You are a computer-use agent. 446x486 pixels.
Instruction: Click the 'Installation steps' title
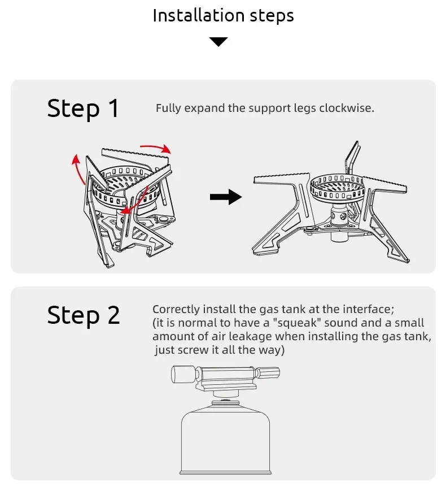[223, 15]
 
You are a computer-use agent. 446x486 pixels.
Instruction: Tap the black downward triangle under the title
[218, 42]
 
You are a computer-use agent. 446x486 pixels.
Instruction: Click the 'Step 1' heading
[83, 108]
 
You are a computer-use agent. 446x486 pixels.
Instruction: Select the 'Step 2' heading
[83, 315]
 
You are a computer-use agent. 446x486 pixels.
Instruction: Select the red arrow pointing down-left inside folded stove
[135, 201]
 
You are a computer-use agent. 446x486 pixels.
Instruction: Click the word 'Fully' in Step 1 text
[168, 108]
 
